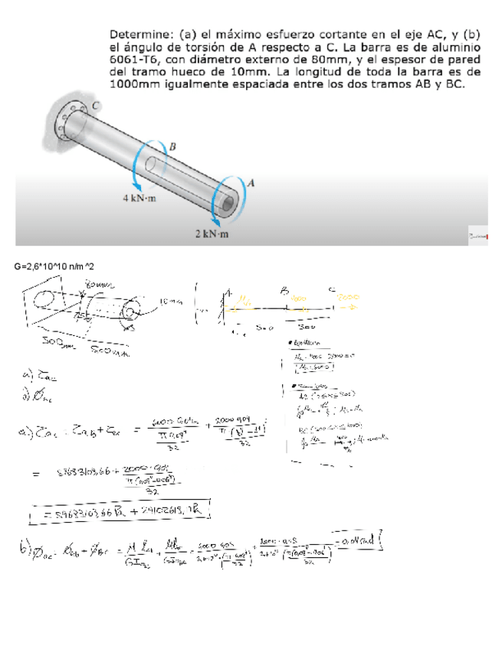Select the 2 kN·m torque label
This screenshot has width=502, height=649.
pos(212,233)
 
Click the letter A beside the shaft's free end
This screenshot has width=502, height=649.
pos(252,182)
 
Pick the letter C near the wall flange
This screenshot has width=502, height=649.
pos(96,105)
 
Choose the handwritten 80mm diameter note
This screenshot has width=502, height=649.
pos(99,285)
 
